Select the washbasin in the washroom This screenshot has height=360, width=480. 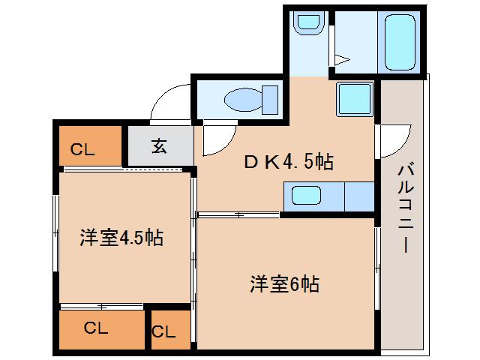click(x=307, y=23)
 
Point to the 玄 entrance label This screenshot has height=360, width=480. click(x=160, y=146)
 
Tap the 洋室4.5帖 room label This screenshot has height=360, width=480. click(x=122, y=238)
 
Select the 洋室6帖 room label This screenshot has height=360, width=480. click(x=285, y=284)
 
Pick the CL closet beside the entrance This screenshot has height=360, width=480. click(x=88, y=146)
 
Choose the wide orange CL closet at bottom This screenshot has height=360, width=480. click(x=100, y=328)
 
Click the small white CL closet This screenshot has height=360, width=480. click(x=166, y=331)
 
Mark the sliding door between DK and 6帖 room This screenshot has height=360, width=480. click(x=238, y=215)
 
